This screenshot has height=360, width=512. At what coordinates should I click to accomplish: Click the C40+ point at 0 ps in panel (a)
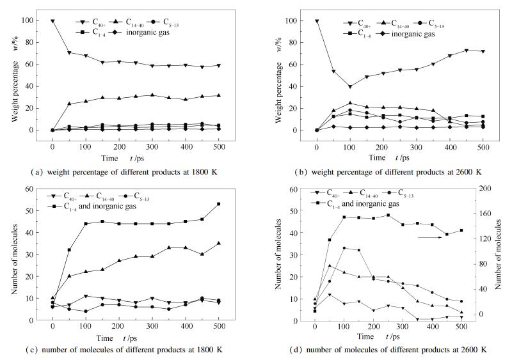(53, 21)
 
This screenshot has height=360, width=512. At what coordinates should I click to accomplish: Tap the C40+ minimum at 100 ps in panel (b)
(349, 86)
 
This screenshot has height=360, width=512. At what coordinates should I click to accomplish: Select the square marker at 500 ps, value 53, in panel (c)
(218, 204)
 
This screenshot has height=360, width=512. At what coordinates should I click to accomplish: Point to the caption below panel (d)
(397, 349)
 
